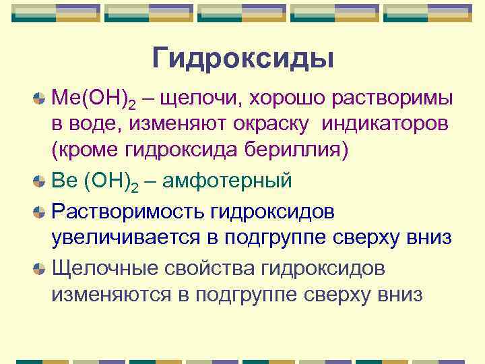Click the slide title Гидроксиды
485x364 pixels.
(x=243, y=58)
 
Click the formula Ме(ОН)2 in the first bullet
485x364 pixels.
(x=94, y=100)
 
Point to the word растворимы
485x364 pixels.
(x=389, y=100)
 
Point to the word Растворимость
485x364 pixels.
(x=127, y=212)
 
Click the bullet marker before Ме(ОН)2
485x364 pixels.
(x=40, y=99)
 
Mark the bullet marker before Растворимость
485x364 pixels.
(x=40, y=212)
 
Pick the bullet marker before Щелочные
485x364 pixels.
(x=40, y=268)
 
